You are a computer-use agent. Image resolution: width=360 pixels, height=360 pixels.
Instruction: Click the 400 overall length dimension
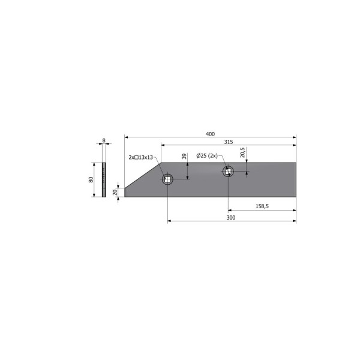[x=210, y=134]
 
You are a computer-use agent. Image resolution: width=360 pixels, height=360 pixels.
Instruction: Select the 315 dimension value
[x=229, y=142]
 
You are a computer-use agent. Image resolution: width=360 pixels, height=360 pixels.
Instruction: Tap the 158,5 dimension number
[x=262, y=206]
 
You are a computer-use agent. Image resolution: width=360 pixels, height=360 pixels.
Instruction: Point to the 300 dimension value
[x=231, y=217]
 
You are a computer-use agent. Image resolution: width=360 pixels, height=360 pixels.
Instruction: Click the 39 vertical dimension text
[x=184, y=157]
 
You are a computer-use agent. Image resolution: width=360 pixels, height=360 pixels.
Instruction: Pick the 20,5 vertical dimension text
[x=242, y=152]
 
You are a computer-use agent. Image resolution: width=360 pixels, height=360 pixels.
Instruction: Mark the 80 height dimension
[x=91, y=179]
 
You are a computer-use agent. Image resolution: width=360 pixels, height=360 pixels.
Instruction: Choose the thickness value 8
[x=104, y=140]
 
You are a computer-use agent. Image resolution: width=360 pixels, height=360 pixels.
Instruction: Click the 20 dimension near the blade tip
[x=115, y=192]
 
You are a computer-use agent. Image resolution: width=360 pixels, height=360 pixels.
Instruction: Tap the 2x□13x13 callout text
[x=141, y=157]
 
